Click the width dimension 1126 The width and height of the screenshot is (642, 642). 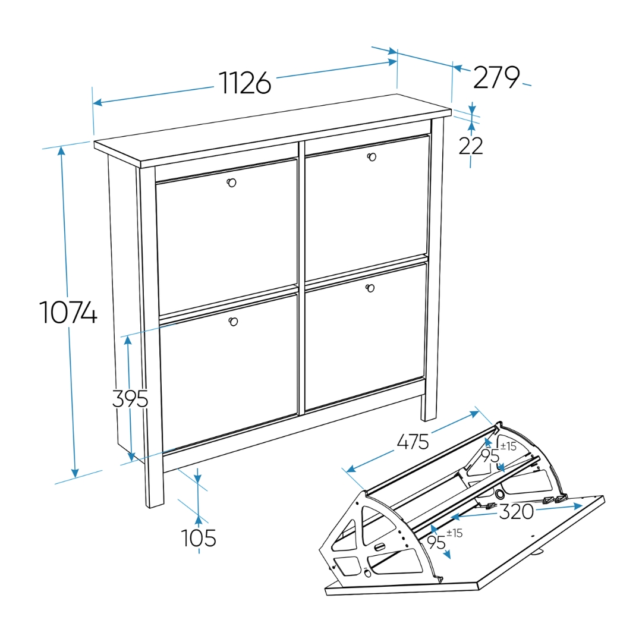click(245, 83)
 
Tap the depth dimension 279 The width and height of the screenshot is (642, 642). click(496, 77)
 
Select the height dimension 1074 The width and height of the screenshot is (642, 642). click(68, 313)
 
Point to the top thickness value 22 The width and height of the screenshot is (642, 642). click(470, 146)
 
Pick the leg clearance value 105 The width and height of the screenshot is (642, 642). click(199, 537)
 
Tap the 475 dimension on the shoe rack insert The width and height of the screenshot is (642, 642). click(413, 442)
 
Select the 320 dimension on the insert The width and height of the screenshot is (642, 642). click(517, 511)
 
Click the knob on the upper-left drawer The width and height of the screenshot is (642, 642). click(231, 182)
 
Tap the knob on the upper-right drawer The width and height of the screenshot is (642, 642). click(372, 157)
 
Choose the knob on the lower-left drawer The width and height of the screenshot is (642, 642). click(233, 322)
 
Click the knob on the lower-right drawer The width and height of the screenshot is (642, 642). click(370, 288)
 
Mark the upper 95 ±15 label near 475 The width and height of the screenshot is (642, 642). click(498, 452)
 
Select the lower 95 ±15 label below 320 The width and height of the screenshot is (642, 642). click(445, 539)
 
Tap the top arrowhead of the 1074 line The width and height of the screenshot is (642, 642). click(61, 151)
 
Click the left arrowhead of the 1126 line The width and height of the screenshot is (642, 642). click(97, 102)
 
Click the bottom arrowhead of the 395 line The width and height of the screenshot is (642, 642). click(131, 457)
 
